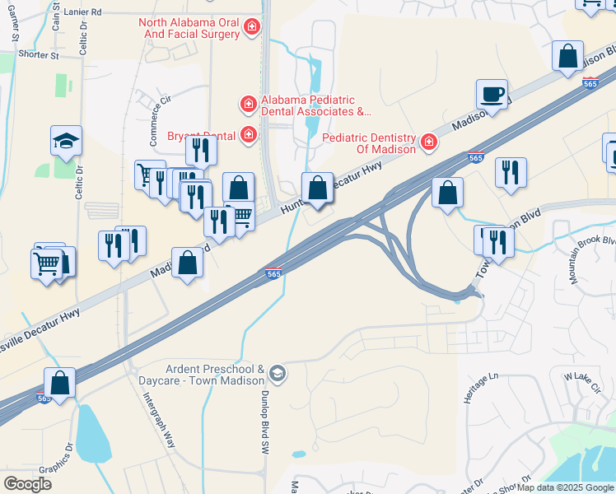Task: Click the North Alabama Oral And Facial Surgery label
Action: point(189,30)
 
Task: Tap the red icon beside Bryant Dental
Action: point(247,135)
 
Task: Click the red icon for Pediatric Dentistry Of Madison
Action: point(428,143)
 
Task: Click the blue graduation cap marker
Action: point(66,142)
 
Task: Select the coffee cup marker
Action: point(492,95)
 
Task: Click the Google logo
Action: point(27,483)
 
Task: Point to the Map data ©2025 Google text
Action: point(565,487)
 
